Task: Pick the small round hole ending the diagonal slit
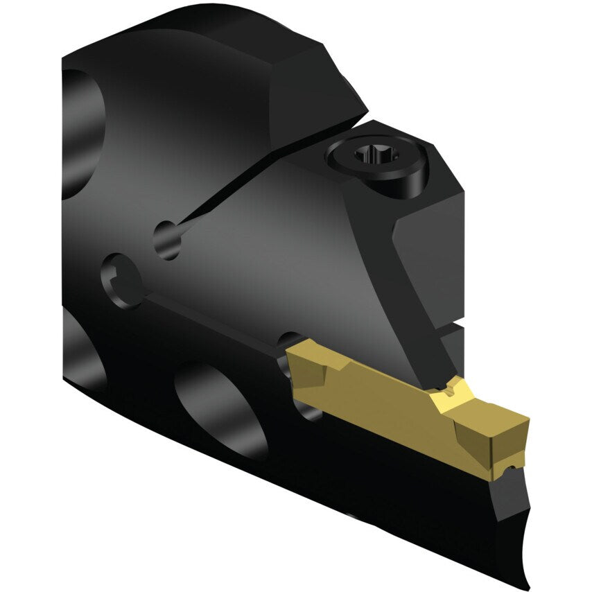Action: coord(166,239)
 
